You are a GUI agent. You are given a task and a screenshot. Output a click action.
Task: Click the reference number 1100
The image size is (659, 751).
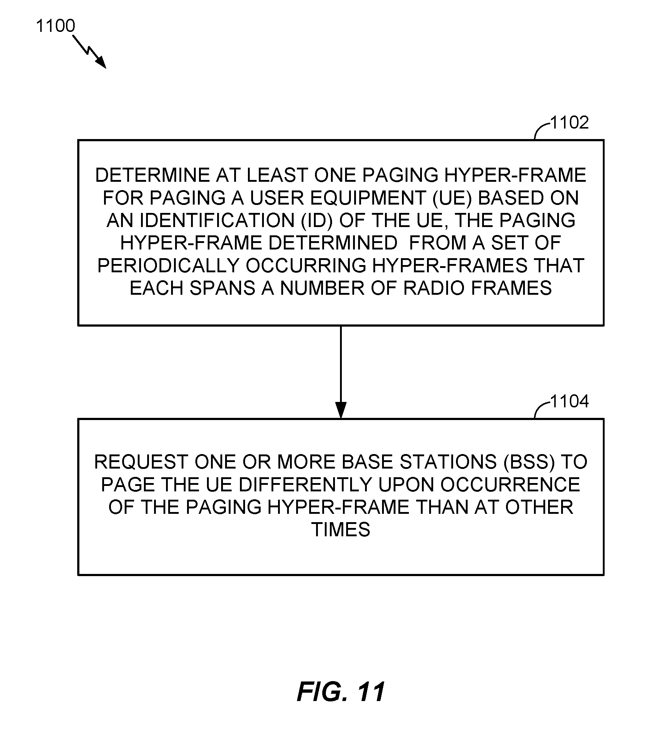point(55,26)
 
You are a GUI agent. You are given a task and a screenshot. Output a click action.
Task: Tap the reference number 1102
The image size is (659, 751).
point(569,122)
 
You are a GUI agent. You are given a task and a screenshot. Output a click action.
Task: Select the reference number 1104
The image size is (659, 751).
point(569,401)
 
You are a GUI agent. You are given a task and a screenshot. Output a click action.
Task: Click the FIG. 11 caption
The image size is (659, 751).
point(341,692)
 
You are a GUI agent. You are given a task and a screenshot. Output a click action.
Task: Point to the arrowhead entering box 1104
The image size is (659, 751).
point(341,410)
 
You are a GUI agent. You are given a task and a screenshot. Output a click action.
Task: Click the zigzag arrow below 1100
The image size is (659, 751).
point(90,52)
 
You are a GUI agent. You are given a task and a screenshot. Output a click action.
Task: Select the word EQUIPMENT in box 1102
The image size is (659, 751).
point(368,198)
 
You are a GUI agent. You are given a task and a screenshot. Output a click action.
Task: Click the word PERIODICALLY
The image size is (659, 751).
point(169,265)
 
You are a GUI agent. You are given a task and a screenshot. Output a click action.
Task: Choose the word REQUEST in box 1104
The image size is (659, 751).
point(141,462)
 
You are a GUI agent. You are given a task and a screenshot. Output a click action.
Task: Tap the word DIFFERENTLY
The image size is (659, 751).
point(305,484)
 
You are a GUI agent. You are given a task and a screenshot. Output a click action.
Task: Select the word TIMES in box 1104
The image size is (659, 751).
point(341,529)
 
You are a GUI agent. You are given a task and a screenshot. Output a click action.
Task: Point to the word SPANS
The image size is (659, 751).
point(222,288)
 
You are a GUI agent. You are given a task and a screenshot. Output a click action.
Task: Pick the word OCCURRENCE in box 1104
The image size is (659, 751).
point(510,484)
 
